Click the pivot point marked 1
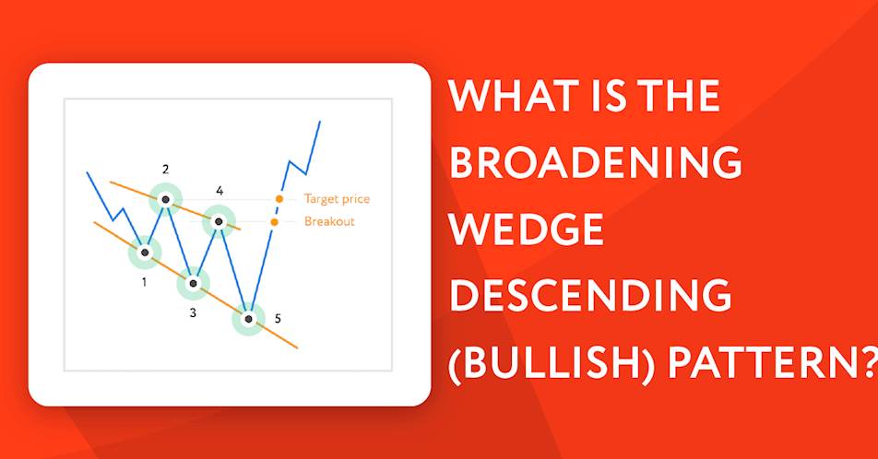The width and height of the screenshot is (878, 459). pos(145,253)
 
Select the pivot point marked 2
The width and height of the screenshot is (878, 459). pos(165,199)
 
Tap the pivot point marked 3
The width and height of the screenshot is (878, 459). pos(193,283)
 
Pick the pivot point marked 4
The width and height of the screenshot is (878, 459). pos(219,221)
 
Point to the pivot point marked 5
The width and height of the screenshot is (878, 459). pos(249,319)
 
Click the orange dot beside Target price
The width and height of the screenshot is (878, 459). pos(279,199)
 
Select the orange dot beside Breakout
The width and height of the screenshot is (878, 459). pos(274,222)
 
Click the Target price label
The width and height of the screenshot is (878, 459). pos(337,199)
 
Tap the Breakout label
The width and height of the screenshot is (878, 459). pos(329,221)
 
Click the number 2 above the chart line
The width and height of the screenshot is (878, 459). pos(165,169)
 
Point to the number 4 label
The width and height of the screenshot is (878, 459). pos(219,191)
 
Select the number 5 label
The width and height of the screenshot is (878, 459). pos(278,319)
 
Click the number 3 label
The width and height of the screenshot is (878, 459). pos(193,312)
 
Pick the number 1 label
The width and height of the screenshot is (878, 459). pos(144,282)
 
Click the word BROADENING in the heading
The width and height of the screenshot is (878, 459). pos(595,162)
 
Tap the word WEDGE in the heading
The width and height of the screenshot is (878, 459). pos(527,229)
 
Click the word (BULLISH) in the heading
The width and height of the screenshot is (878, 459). pos(551,363)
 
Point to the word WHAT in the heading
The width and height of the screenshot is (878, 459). pos(514,96)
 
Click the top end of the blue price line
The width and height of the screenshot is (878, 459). pos(320,121)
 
